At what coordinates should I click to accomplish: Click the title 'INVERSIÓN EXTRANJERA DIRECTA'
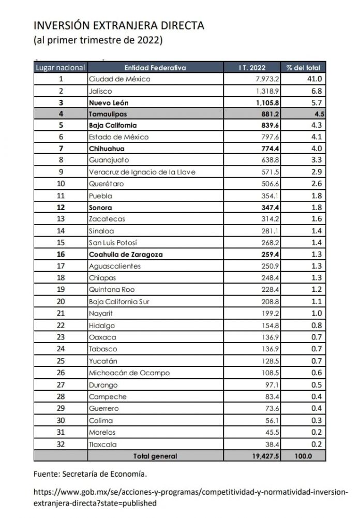click(118, 25)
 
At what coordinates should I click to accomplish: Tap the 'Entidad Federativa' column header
click(155, 68)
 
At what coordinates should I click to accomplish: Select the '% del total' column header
click(303, 68)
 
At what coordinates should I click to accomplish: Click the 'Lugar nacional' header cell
click(61, 68)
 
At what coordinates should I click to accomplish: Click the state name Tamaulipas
click(108, 114)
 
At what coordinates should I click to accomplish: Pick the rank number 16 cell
click(61, 255)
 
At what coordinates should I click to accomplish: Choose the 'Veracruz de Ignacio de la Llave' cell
click(142, 172)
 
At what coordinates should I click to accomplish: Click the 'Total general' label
click(155, 456)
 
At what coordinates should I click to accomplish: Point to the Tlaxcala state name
click(103, 445)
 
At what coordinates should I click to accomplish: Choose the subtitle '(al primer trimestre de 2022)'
click(98, 40)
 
